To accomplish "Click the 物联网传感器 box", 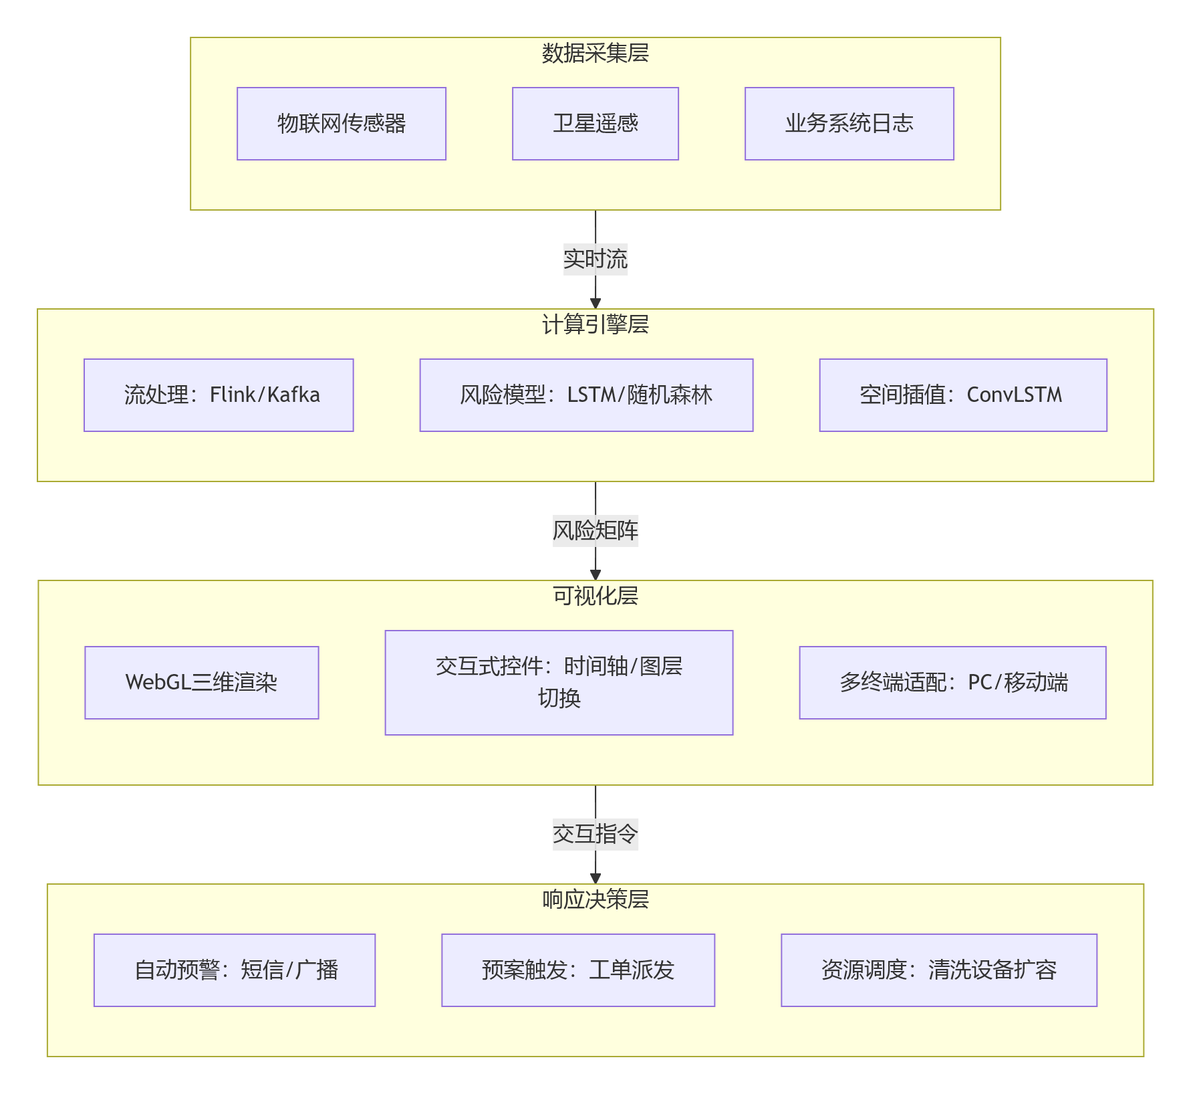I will [341, 124].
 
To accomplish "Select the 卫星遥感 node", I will [595, 124].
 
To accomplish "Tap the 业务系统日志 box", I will [849, 124].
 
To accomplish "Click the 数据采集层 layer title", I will [595, 53].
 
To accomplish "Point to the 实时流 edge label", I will [595, 259].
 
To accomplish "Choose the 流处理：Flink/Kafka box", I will [219, 395].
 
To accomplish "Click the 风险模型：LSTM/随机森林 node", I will [586, 395].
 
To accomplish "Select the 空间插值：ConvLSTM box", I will [962, 395].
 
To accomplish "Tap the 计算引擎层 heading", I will [595, 325].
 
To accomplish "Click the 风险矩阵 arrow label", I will [595, 530].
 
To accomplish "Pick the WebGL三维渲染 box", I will [202, 683].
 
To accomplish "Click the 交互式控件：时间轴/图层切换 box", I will [559, 683].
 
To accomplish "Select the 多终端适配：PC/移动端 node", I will [952, 683].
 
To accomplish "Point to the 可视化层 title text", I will [595, 596].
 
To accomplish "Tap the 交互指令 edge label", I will [595, 834].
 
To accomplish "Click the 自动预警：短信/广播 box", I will [235, 970].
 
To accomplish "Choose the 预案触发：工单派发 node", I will [578, 970].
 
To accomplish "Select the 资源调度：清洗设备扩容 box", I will [939, 970].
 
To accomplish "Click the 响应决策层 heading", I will [595, 900].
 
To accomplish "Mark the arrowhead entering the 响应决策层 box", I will [595, 879].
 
